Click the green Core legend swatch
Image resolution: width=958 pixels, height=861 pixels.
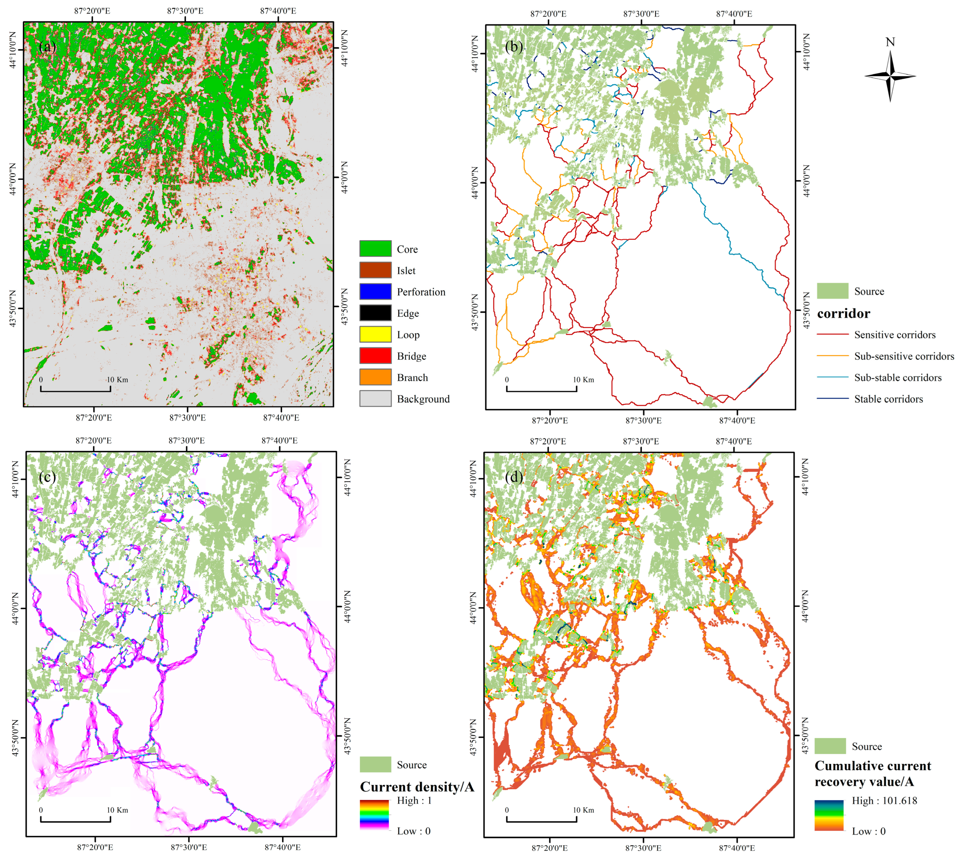click(375, 248)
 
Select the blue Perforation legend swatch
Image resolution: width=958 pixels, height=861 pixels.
click(375, 291)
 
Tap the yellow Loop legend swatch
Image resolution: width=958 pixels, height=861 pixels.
click(375, 334)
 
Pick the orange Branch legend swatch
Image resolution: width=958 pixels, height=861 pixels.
click(375, 377)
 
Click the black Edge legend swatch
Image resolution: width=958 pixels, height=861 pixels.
click(375, 313)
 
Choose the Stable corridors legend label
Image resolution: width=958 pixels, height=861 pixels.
click(888, 399)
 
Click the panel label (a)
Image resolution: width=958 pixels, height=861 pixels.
click(47, 46)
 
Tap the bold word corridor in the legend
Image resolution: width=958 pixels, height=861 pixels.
click(843, 313)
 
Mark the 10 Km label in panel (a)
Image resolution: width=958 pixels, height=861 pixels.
click(117, 379)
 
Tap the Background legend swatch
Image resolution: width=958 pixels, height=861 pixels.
click(375, 398)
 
